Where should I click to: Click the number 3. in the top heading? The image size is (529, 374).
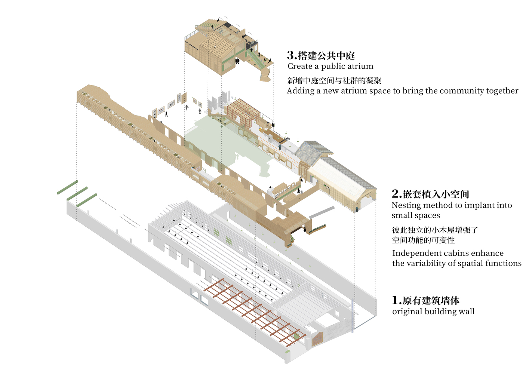coord(292,55)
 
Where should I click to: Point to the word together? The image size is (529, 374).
coord(502,91)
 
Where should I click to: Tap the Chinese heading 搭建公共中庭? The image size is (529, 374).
coord(326,56)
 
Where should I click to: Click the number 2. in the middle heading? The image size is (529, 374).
coord(396,194)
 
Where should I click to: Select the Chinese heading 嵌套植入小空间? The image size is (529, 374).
coord(436,194)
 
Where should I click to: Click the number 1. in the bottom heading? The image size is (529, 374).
coord(396,300)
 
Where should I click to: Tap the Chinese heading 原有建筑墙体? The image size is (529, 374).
coord(431,300)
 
